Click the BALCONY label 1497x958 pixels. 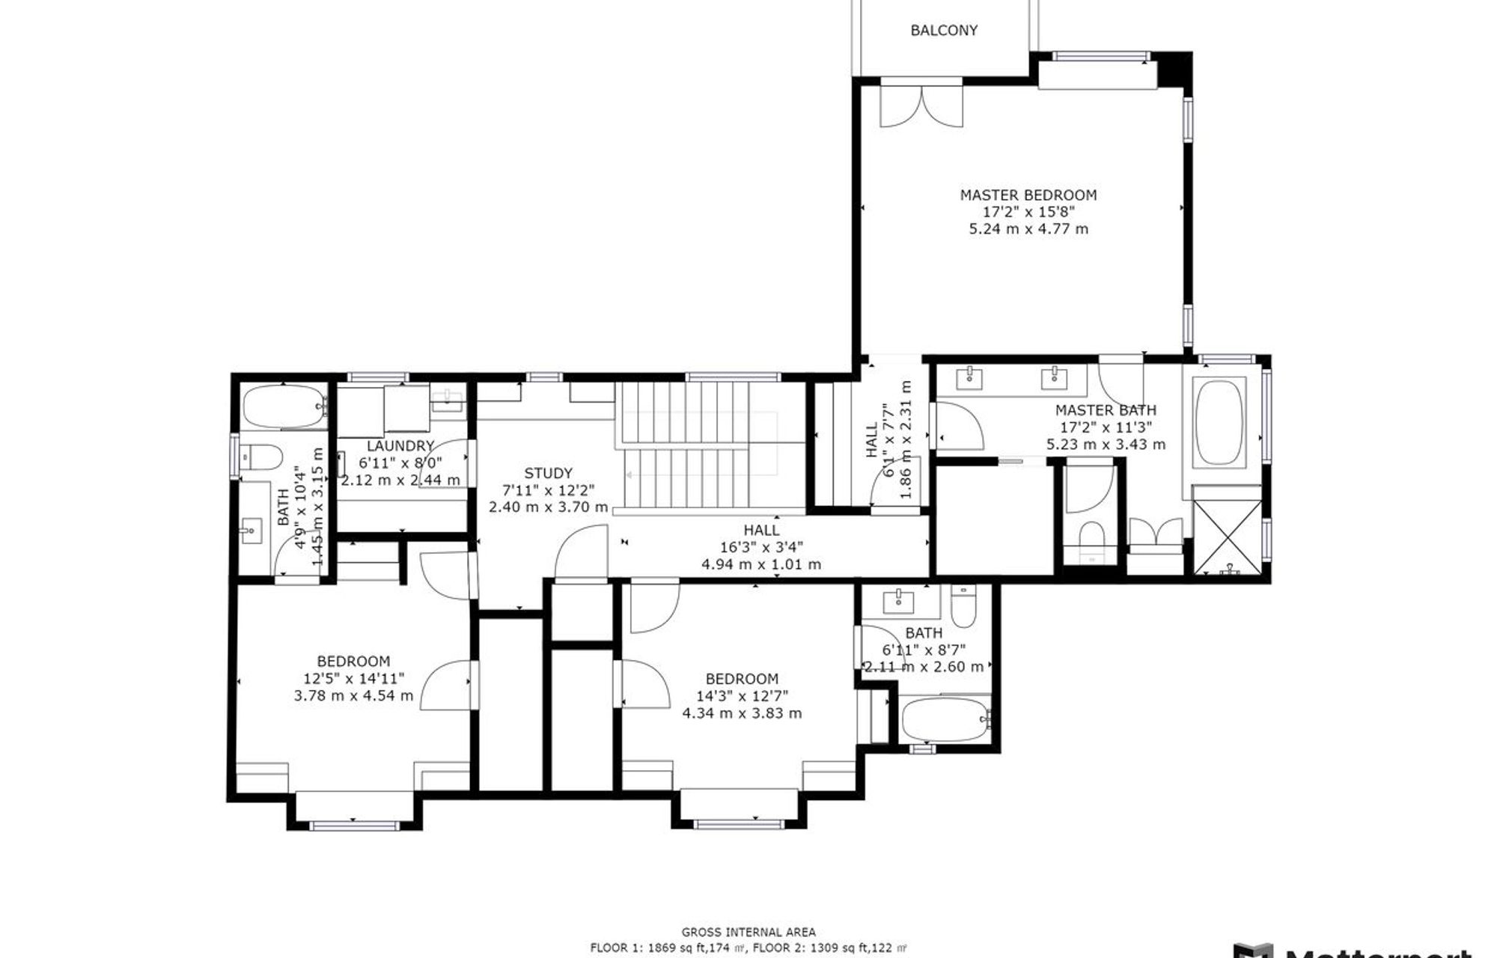[x=944, y=31]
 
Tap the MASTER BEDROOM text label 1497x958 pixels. [x=1028, y=195]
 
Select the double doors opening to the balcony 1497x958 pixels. [x=921, y=106]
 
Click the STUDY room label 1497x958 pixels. [x=548, y=473]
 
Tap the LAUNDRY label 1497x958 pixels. [x=400, y=446]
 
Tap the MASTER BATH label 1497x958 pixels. [x=1106, y=410]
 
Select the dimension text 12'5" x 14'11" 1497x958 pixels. [x=353, y=679]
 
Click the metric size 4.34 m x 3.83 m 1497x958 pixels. [x=742, y=713]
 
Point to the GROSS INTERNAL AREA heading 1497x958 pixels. [x=748, y=932]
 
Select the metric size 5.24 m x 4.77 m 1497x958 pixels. [x=1028, y=229]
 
